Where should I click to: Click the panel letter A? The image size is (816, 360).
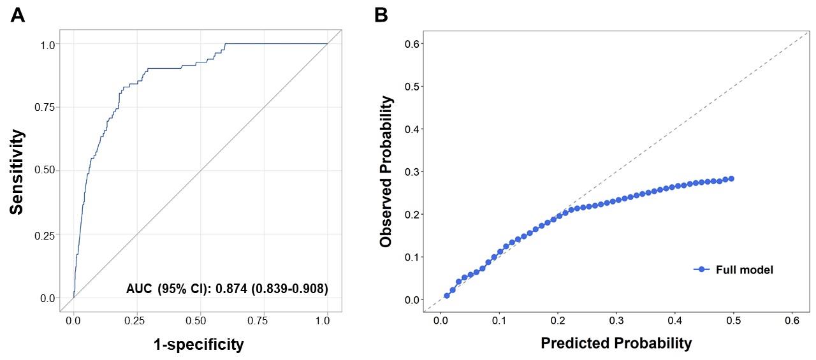18,15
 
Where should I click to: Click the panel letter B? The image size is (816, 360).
381,15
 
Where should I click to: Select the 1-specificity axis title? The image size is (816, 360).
198,345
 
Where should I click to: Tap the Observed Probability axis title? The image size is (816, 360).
386,172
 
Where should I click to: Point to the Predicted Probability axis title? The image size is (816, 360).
616,343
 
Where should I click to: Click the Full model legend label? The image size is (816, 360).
744,270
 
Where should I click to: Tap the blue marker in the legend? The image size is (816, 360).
702,270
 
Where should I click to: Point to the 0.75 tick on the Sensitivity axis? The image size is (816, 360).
49,107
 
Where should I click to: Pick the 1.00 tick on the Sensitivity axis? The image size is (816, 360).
49,44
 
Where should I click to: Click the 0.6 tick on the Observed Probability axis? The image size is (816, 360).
412,43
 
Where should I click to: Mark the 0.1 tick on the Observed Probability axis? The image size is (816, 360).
412,257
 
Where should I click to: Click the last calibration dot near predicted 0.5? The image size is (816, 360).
731,178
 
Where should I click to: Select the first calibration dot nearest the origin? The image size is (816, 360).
447,296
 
